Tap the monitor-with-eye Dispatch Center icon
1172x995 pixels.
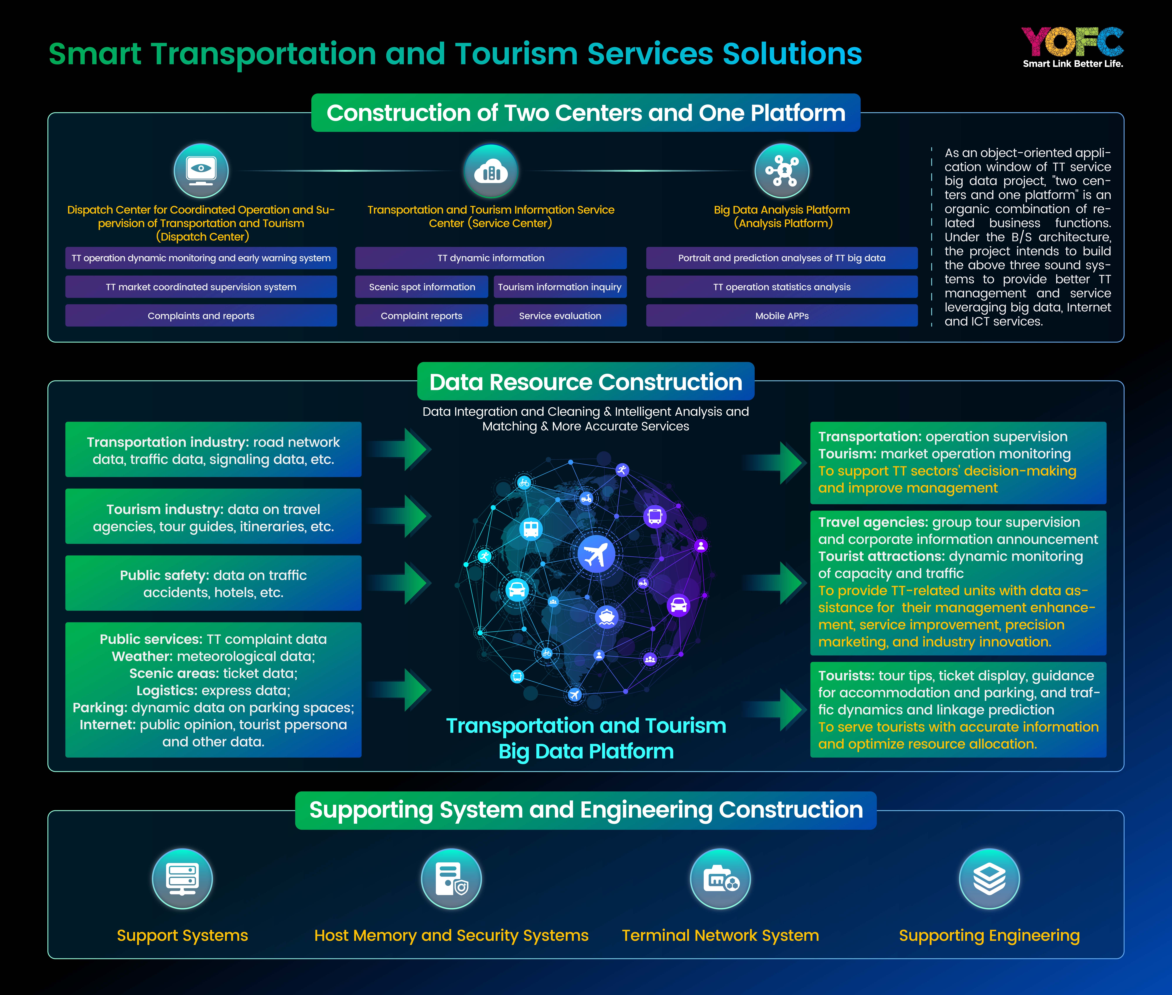click(x=201, y=170)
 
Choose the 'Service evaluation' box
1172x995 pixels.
click(x=560, y=316)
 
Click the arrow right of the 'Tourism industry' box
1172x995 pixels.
click(x=400, y=516)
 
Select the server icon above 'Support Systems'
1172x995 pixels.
click(x=182, y=879)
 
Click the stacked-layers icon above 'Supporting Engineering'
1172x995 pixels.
click(x=989, y=879)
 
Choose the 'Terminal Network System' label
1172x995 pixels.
click(x=720, y=935)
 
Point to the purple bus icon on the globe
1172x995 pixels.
click(x=655, y=516)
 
